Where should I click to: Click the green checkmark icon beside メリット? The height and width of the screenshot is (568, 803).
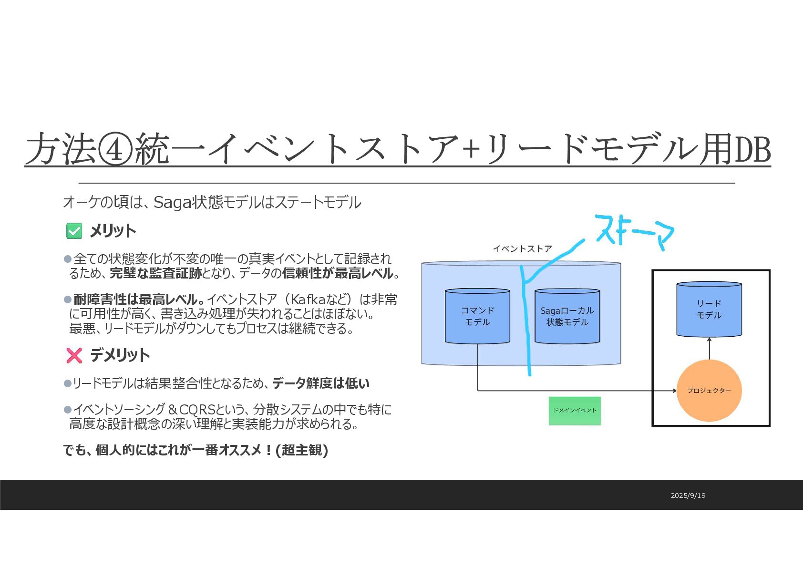[74, 231]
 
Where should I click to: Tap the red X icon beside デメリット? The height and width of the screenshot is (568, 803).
[74, 355]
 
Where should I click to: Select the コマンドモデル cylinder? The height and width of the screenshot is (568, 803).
[477, 316]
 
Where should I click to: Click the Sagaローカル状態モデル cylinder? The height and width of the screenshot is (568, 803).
[567, 316]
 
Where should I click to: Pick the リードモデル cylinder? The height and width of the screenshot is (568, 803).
[709, 309]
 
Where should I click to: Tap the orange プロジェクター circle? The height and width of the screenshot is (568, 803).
[709, 391]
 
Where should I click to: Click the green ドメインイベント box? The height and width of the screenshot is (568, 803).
[575, 411]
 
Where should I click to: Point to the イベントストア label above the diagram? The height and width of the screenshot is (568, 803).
[522, 249]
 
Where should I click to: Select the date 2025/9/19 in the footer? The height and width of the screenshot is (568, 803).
[688, 496]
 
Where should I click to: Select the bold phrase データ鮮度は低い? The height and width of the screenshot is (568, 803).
[321, 383]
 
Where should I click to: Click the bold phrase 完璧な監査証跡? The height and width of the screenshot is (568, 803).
[156, 273]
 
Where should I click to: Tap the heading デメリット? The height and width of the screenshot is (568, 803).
[120, 355]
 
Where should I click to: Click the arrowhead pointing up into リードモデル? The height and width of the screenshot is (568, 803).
[710, 339]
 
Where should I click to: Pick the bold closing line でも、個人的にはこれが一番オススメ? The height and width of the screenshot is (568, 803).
[196, 450]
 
